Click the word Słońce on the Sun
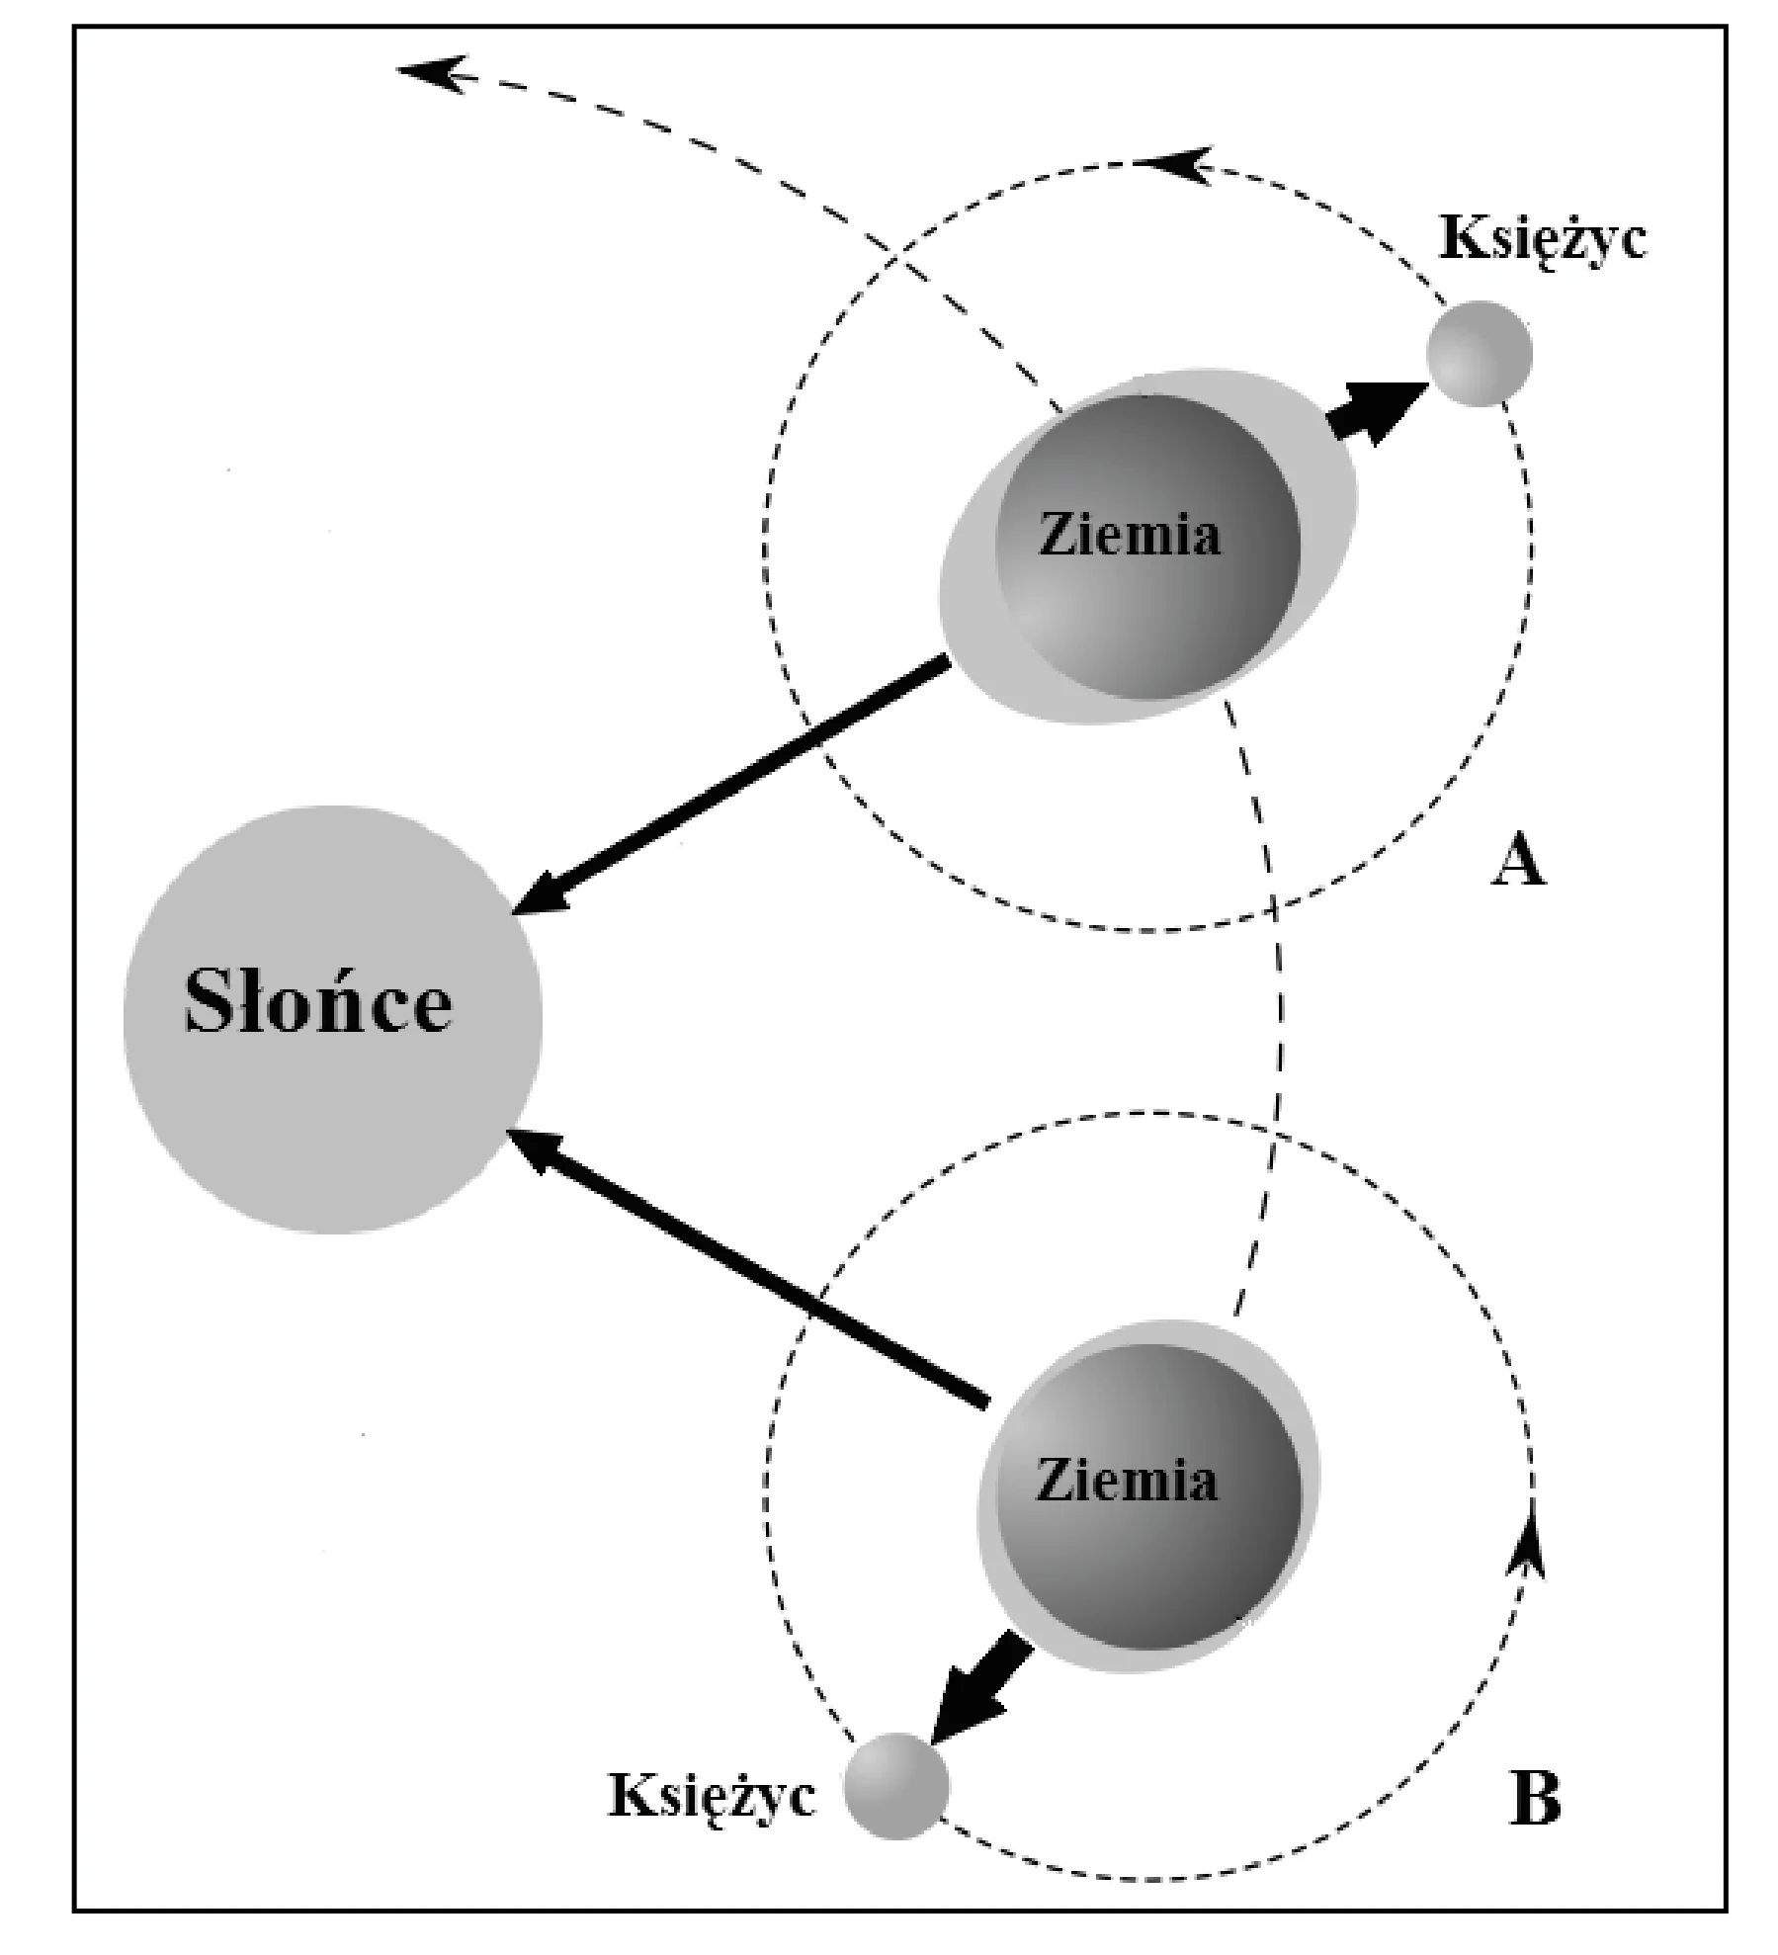click(318, 1002)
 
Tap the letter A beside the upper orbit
click(1517, 862)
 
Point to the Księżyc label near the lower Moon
click(713, 1793)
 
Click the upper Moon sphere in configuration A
click(1480, 353)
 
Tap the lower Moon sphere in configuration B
click(896, 1786)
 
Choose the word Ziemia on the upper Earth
click(1131, 535)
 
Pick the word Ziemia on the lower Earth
click(1127, 1480)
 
